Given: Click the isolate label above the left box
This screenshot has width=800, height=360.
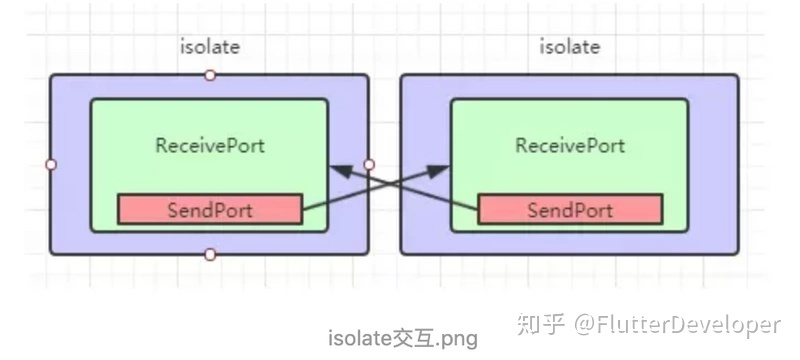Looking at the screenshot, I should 210,47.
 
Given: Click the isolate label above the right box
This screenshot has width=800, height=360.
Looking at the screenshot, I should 569,47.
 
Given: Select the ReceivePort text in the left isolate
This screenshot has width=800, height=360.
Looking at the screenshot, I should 210,145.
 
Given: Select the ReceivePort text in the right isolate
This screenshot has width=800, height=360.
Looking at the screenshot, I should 569,145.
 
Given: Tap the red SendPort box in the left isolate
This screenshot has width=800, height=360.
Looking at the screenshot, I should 210,210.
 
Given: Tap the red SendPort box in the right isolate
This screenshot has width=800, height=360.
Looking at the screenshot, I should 569,210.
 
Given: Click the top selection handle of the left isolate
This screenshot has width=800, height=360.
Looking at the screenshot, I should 210,75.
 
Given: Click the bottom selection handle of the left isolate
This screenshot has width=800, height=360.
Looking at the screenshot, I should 210,255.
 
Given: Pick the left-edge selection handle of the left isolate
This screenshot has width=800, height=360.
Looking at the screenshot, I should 51,165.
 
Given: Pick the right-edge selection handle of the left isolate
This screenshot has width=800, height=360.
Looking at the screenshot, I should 369,165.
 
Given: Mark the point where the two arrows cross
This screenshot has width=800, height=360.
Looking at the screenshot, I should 389,186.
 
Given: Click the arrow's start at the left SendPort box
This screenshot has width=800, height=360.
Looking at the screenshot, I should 303,209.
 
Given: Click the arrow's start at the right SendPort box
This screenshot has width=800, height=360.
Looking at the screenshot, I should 478,209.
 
